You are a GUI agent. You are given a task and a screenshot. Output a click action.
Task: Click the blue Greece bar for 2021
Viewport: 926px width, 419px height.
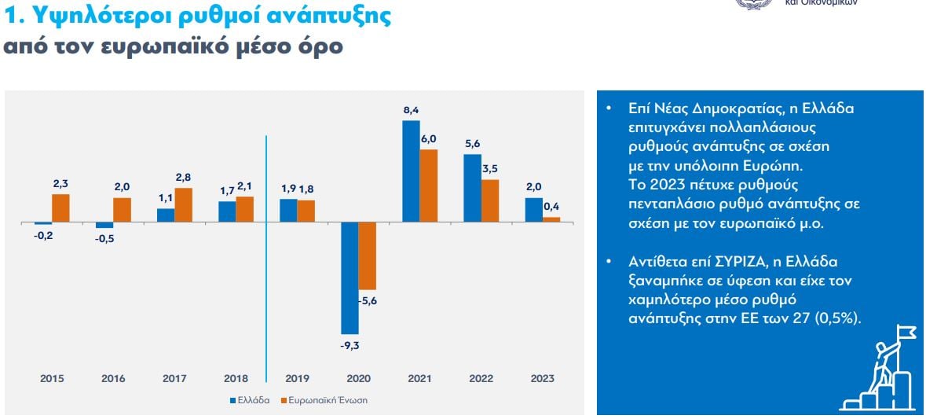(x=411, y=171)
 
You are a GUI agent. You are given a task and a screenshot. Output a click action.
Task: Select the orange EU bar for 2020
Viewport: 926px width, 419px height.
(x=367, y=256)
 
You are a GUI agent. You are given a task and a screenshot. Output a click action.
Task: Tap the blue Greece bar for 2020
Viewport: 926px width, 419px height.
(x=350, y=278)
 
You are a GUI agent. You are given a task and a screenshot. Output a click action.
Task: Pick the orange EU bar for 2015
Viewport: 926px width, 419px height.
(x=60, y=208)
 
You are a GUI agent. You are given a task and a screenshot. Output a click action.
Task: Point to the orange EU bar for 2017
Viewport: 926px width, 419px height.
(x=183, y=205)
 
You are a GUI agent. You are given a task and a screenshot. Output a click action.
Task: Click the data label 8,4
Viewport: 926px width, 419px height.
(x=411, y=111)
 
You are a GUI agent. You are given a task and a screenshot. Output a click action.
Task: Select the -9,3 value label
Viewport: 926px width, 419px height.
(x=350, y=344)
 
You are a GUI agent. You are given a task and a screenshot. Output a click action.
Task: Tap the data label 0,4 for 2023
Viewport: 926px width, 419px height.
(x=551, y=207)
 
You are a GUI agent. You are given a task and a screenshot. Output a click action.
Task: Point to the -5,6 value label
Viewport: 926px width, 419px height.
(x=368, y=300)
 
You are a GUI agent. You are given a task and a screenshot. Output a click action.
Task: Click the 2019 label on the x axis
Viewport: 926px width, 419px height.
(x=297, y=379)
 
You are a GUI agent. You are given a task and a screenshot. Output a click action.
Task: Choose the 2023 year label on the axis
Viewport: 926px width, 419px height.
(x=542, y=379)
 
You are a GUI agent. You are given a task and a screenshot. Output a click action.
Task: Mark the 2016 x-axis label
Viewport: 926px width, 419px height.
(x=113, y=379)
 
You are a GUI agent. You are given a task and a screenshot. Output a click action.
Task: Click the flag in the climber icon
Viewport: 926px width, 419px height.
(x=906, y=333)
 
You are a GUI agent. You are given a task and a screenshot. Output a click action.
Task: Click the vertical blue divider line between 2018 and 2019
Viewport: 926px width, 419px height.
(x=267, y=252)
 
